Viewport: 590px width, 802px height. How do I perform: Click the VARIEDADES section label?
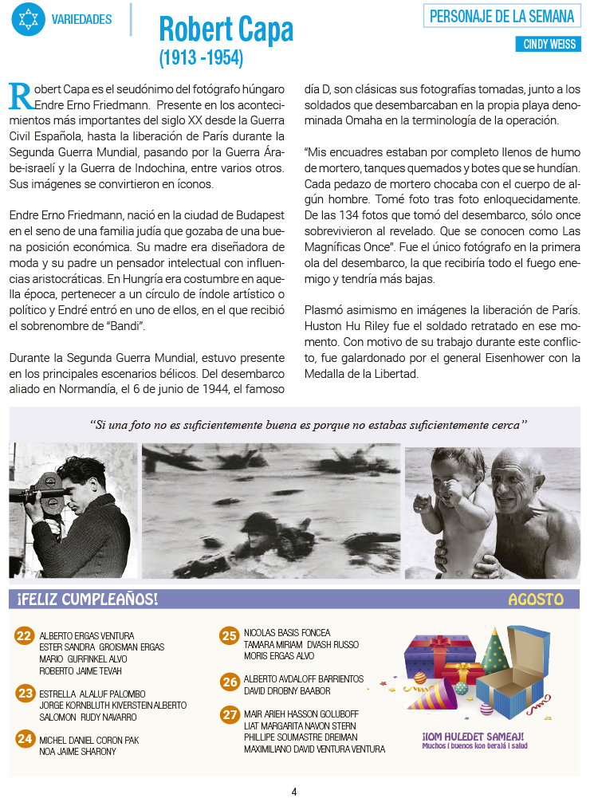tap(81, 18)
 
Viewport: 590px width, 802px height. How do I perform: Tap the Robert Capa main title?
tap(226, 29)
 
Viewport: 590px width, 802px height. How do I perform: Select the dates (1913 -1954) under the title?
tap(201, 58)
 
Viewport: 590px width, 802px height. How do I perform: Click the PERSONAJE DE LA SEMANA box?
tap(501, 16)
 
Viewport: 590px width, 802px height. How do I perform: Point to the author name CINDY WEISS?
tap(549, 45)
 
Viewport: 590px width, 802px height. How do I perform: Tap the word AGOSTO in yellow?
tap(535, 600)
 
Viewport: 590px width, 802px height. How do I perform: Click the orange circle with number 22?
tap(24, 635)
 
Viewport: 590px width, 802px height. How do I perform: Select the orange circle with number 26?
tap(230, 682)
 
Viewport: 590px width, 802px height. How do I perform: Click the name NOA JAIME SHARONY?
tap(77, 751)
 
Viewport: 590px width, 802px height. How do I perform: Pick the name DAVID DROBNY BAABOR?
tap(287, 690)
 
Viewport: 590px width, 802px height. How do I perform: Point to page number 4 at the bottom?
tap(294, 792)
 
